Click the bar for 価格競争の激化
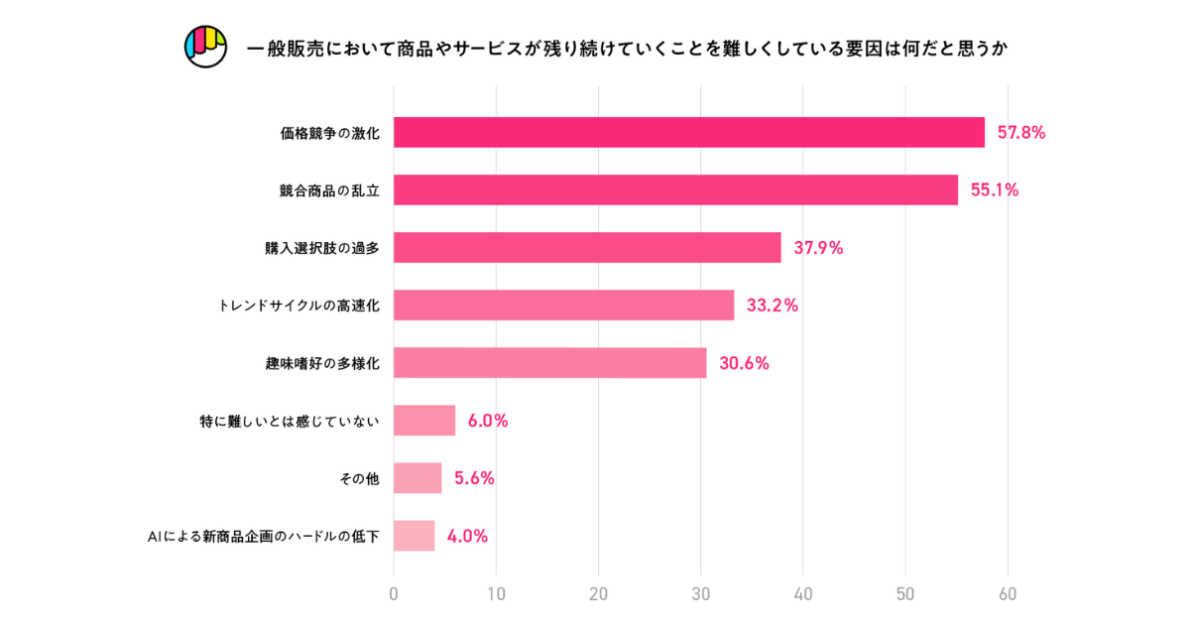(x=689, y=133)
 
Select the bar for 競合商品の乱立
(x=675, y=190)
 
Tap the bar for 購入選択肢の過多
(x=587, y=248)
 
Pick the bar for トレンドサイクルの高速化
(x=563, y=306)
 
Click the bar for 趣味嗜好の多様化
(x=549, y=363)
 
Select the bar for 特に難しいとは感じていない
(x=424, y=421)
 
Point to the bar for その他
(x=417, y=478)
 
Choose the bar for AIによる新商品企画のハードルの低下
(x=414, y=536)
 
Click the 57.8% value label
(x=1020, y=133)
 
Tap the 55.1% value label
(x=994, y=190)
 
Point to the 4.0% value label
(x=467, y=536)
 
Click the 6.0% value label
(x=488, y=421)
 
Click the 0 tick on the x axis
(x=394, y=595)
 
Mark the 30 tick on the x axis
(x=701, y=595)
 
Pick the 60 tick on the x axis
(x=1008, y=595)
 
